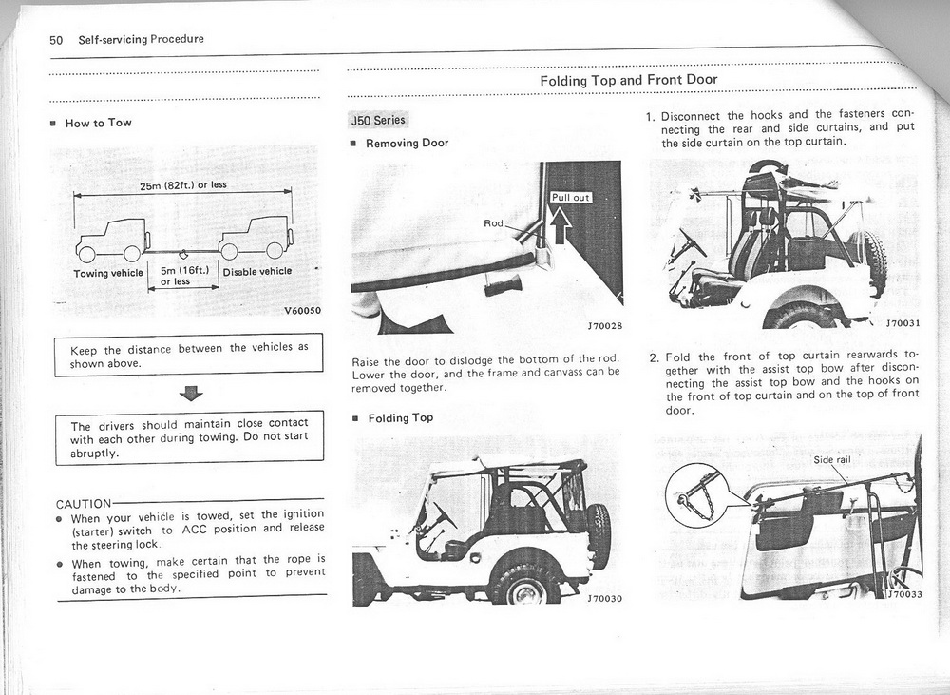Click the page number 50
pyautogui.click(x=56, y=39)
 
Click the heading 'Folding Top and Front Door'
pyautogui.click(x=628, y=80)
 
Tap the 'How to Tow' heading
pyautogui.click(x=98, y=123)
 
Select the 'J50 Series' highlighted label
pyautogui.click(x=378, y=120)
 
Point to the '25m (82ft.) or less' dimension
pyautogui.click(x=183, y=184)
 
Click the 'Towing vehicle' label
pyautogui.click(x=108, y=273)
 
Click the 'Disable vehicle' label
pyautogui.click(x=256, y=271)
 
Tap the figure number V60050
pyautogui.click(x=303, y=311)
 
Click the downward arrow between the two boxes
pyautogui.click(x=192, y=393)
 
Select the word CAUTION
pyautogui.click(x=85, y=503)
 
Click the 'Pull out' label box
pyautogui.click(x=571, y=197)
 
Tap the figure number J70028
pyautogui.click(x=603, y=326)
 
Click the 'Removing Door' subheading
pyautogui.click(x=408, y=143)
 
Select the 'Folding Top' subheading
pyautogui.click(x=400, y=417)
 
